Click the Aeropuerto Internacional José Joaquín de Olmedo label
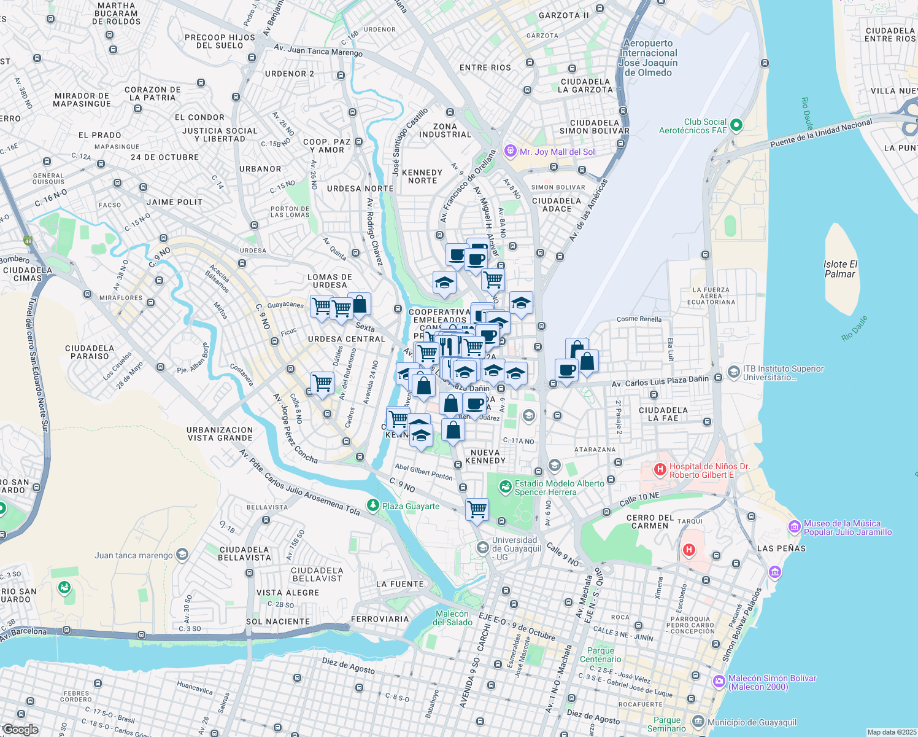click(x=649, y=58)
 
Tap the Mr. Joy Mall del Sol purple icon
click(x=510, y=151)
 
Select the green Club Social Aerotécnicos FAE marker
click(x=736, y=125)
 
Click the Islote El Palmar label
click(x=840, y=269)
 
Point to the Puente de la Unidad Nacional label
click(x=820, y=133)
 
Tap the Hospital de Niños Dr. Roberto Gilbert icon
click(x=660, y=470)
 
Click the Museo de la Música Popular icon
click(x=795, y=527)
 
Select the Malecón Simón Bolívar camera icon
click(x=719, y=682)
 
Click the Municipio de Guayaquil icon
click(x=698, y=722)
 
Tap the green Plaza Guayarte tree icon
click(x=372, y=505)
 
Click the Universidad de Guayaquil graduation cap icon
click(x=483, y=547)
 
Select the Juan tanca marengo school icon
click(x=182, y=555)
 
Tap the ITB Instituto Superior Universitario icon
click(x=733, y=372)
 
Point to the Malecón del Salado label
click(x=452, y=618)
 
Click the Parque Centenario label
click(x=600, y=655)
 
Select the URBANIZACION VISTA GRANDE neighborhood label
click(x=220, y=434)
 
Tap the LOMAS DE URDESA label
click(x=330, y=281)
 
